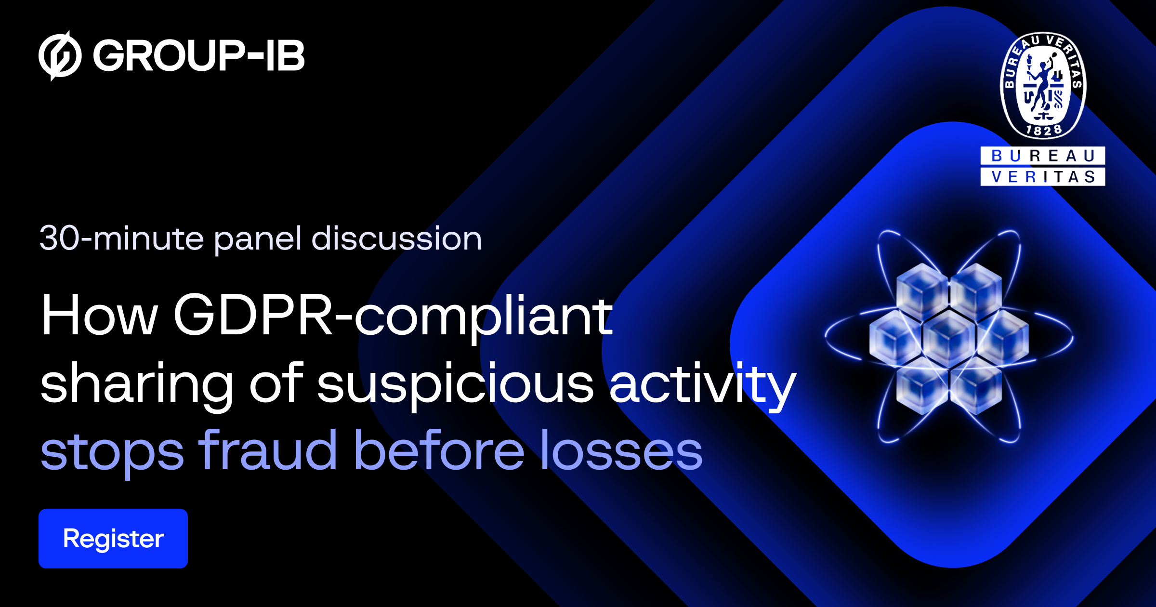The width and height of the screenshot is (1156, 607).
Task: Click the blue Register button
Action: [x=113, y=538]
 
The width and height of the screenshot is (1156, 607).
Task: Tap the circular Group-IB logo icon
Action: [x=60, y=56]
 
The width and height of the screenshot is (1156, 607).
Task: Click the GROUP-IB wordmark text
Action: [x=198, y=56]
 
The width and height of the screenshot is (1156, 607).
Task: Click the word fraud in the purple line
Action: [x=268, y=451]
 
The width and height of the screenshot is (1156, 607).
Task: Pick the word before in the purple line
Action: [x=439, y=451]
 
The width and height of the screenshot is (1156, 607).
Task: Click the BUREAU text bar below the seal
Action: [x=1043, y=156]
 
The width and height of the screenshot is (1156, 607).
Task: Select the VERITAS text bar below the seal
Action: [x=1043, y=177]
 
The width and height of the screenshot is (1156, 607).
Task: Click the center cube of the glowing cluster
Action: [x=948, y=338]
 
